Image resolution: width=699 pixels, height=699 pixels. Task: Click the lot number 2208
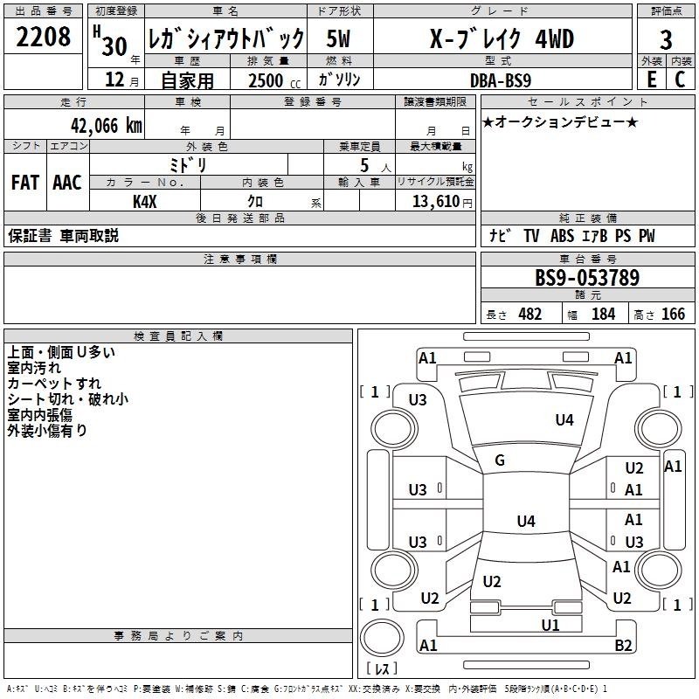[43, 37]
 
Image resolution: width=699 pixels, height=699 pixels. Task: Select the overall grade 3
[666, 40]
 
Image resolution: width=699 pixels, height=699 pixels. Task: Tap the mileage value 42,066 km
[106, 125]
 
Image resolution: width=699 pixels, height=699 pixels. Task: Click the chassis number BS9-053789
[587, 277]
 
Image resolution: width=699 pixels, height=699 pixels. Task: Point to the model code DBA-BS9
[501, 80]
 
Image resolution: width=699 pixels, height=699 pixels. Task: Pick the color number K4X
[145, 202]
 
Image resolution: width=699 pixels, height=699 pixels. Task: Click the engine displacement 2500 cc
[274, 80]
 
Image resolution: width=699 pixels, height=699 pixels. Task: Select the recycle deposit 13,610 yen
[442, 202]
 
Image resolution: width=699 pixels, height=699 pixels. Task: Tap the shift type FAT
[25, 183]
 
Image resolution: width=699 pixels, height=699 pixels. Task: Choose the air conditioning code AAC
[67, 183]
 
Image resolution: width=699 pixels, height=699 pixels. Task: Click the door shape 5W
[338, 38]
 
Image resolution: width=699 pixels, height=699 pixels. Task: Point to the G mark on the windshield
[500, 460]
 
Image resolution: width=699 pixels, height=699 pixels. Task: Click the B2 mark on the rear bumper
[623, 645]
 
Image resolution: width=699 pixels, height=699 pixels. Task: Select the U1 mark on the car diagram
[550, 626]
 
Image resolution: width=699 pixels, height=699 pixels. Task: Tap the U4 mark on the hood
[564, 419]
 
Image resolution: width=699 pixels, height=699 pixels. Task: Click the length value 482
[529, 315]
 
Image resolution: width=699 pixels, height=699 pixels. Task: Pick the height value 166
[673, 315]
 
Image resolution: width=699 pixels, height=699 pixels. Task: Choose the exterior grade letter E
[652, 80]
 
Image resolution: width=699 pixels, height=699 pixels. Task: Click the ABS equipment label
[562, 235]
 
